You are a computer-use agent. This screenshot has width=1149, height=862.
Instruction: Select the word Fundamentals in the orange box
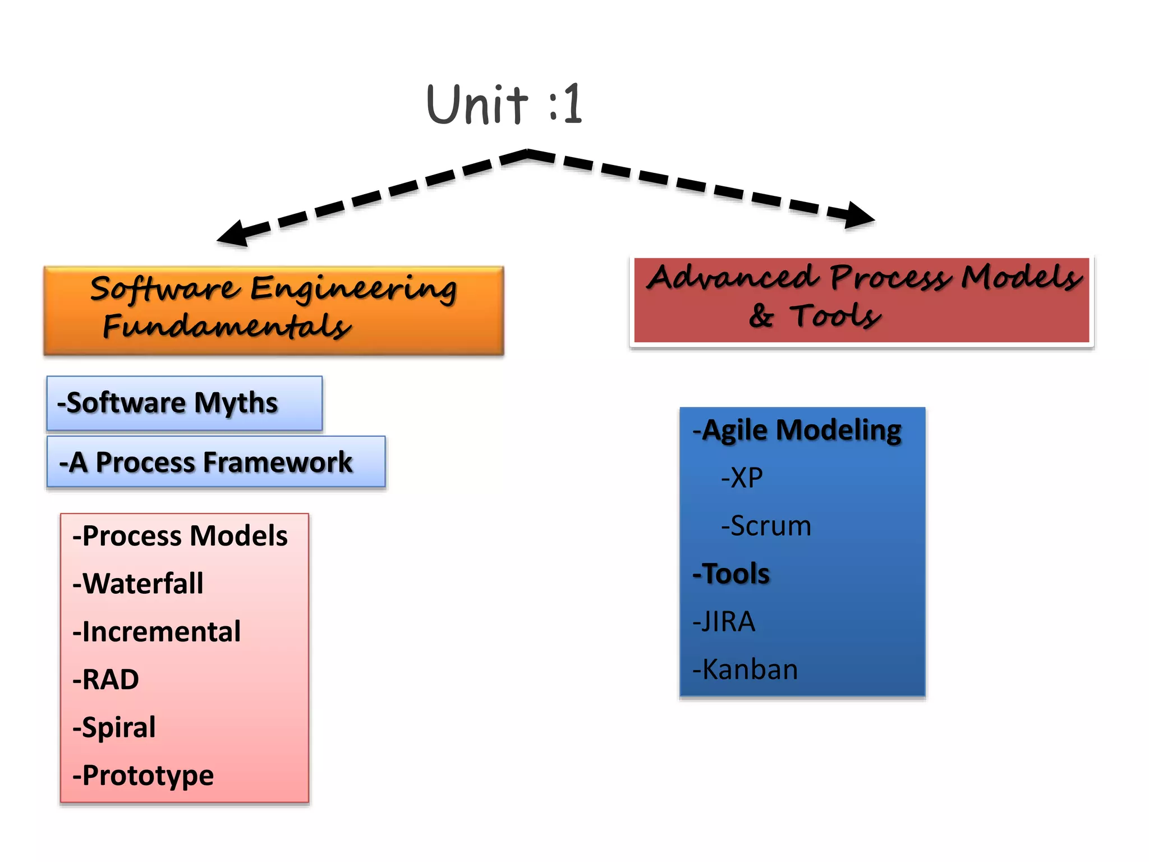click(x=227, y=325)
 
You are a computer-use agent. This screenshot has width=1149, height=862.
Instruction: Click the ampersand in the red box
click(x=762, y=315)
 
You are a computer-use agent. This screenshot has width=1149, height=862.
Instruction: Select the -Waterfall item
click(x=138, y=584)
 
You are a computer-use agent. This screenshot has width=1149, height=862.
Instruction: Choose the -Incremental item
click(x=157, y=631)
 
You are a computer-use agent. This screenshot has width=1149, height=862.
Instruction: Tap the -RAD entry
click(x=105, y=680)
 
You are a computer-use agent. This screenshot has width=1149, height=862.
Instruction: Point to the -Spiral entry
click(x=114, y=727)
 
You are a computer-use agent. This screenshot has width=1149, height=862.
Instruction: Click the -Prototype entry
click(x=143, y=776)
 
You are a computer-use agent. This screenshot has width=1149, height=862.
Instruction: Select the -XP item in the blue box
click(x=742, y=478)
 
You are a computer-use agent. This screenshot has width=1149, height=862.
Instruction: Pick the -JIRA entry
click(x=724, y=622)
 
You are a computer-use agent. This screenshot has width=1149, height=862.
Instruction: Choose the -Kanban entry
click(x=744, y=670)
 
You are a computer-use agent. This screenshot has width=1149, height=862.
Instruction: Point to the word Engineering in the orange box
click(x=353, y=289)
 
